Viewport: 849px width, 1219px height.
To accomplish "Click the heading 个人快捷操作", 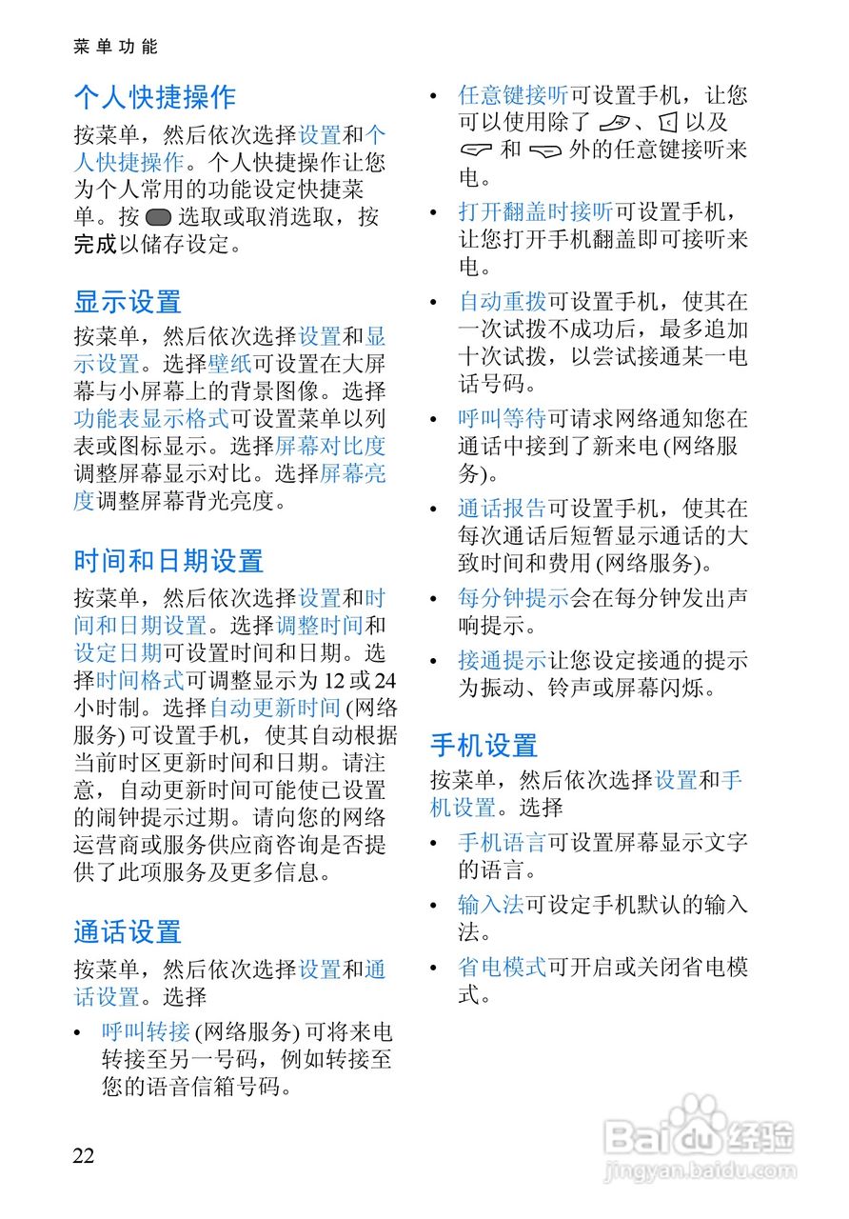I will tap(154, 97).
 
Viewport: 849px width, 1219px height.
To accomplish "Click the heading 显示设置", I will tap(128, 303).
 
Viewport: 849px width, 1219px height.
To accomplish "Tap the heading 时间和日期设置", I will tap(168, 562).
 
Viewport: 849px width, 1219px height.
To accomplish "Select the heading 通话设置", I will tap(128, 932).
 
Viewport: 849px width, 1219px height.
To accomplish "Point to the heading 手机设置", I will tap(484, 745).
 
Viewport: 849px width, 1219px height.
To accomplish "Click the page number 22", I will tap(84, 1155).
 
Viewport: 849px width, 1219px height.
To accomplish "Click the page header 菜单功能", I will tap(115, 46).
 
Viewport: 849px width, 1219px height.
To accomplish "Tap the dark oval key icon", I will tap(159, 217).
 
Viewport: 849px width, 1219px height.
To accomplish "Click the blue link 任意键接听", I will tap(513, 95).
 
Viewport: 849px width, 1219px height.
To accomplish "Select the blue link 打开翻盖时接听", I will tap(535, 210).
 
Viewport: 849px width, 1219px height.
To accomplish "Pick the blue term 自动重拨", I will tap(502, 303).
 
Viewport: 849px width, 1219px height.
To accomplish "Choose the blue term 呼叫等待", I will tap(502, 418).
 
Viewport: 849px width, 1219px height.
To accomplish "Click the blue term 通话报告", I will tap(502, 509).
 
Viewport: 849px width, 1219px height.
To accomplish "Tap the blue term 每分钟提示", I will tap(513, 599).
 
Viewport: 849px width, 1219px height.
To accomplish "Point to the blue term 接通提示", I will tap(502, 660).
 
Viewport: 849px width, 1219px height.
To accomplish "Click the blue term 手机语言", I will tap(502, 842).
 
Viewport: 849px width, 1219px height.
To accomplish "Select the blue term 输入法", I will tap(491, 904).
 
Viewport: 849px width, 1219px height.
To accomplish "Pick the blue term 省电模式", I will tap(502, 967).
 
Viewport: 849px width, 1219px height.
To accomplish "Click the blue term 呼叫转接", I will tap(146, 1030).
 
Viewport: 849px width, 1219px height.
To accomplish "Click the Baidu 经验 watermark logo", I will tap(700, 1138).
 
